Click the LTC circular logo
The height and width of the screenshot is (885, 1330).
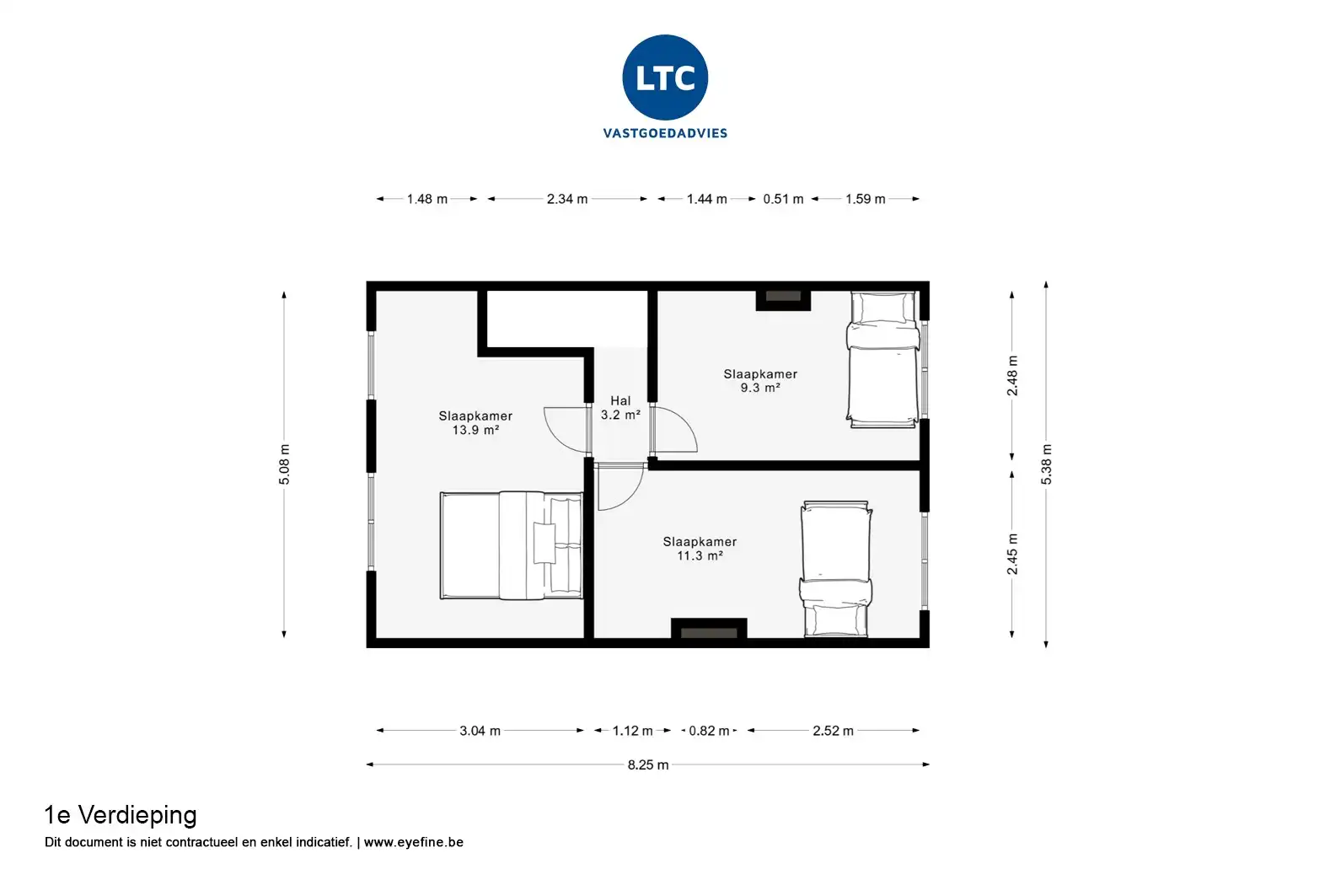(665, 78)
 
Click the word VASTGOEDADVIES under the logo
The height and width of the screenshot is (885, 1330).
(665, 134)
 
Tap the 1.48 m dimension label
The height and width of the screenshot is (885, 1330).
(427, 199)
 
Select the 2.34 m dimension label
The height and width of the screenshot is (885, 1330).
(567, 199)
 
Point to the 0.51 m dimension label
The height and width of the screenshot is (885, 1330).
(783, 199)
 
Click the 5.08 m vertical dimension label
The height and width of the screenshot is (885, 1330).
(284, 464)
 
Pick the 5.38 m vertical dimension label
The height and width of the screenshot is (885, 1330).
(1046, 464)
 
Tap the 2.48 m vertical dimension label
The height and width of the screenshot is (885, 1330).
(1012, 376)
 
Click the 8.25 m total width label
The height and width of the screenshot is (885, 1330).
(648, 765)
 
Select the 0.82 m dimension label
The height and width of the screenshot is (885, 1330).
(709, 731)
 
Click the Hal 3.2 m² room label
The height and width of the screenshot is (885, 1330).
(620, 408)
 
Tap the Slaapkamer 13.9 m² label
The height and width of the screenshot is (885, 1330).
(475, 423)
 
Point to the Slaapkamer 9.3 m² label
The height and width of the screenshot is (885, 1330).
(760, 381)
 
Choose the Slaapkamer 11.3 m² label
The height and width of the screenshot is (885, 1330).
(700, 549)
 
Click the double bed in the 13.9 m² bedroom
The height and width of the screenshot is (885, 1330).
(512, 545)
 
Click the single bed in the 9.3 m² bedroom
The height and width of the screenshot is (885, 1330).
(883, 359)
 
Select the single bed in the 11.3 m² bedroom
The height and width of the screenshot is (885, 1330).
(836, 569)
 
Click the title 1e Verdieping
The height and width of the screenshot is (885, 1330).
(121, 816)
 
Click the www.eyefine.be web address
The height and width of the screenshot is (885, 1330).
(413, 842)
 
